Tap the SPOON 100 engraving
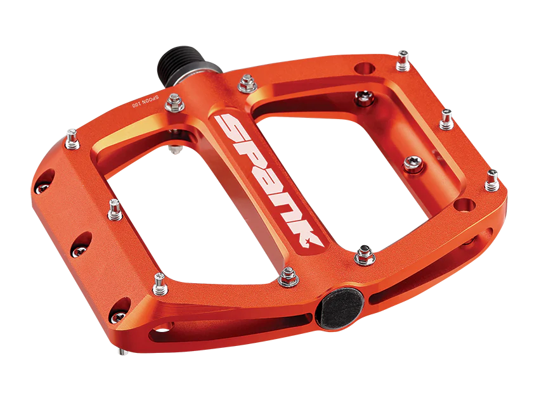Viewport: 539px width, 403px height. coord(146,101)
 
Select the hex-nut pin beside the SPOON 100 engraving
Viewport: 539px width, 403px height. coord(174,103)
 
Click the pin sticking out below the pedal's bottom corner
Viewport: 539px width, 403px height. coord(123,352)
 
